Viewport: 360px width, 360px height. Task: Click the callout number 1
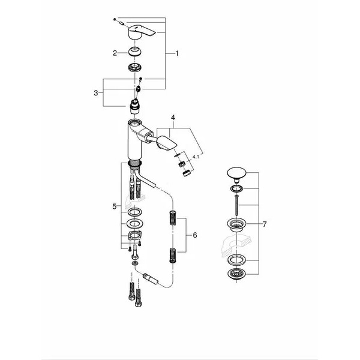click(x=177, y=53)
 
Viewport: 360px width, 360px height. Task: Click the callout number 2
click(x=115, y=53)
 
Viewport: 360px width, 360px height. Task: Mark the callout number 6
click(x=194, y=236)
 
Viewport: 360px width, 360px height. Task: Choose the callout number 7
click(x=265, y=224)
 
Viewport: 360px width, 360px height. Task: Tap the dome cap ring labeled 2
click(x=137, y=53)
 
